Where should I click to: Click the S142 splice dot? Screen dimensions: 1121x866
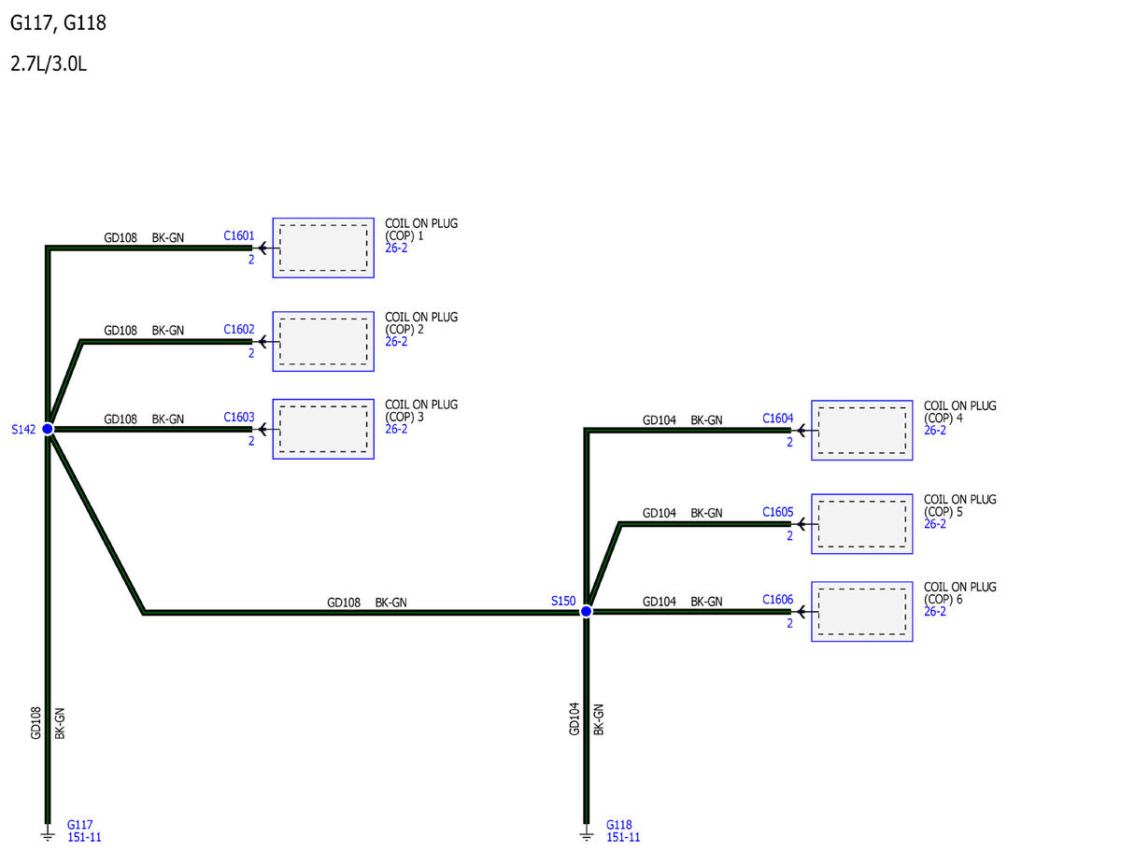coord(48,429)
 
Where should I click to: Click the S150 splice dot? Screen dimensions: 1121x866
coord(586,611)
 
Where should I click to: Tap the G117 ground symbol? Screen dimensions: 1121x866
coord(48,835)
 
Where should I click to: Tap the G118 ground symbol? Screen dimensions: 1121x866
coord(586,835)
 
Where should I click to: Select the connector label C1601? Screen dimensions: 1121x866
coord(239,235)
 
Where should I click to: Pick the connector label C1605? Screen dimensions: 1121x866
coord(778,512)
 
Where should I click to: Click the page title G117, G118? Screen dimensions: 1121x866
coord(58,23)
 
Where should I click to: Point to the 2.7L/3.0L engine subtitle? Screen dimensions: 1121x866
coord(49,64)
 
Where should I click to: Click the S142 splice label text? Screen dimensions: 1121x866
coord(23,429)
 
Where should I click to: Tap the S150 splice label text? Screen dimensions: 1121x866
coord(563,601)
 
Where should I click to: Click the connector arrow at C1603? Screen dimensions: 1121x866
coord(263,429)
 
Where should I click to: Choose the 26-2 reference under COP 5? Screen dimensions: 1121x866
coord(935,523)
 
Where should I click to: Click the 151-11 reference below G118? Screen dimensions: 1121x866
coord(623,837)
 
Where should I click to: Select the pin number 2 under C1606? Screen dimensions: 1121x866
coord(789,623)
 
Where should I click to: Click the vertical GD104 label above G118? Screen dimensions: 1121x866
coord(575,718)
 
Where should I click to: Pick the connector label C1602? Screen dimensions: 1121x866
coord(239,329)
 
